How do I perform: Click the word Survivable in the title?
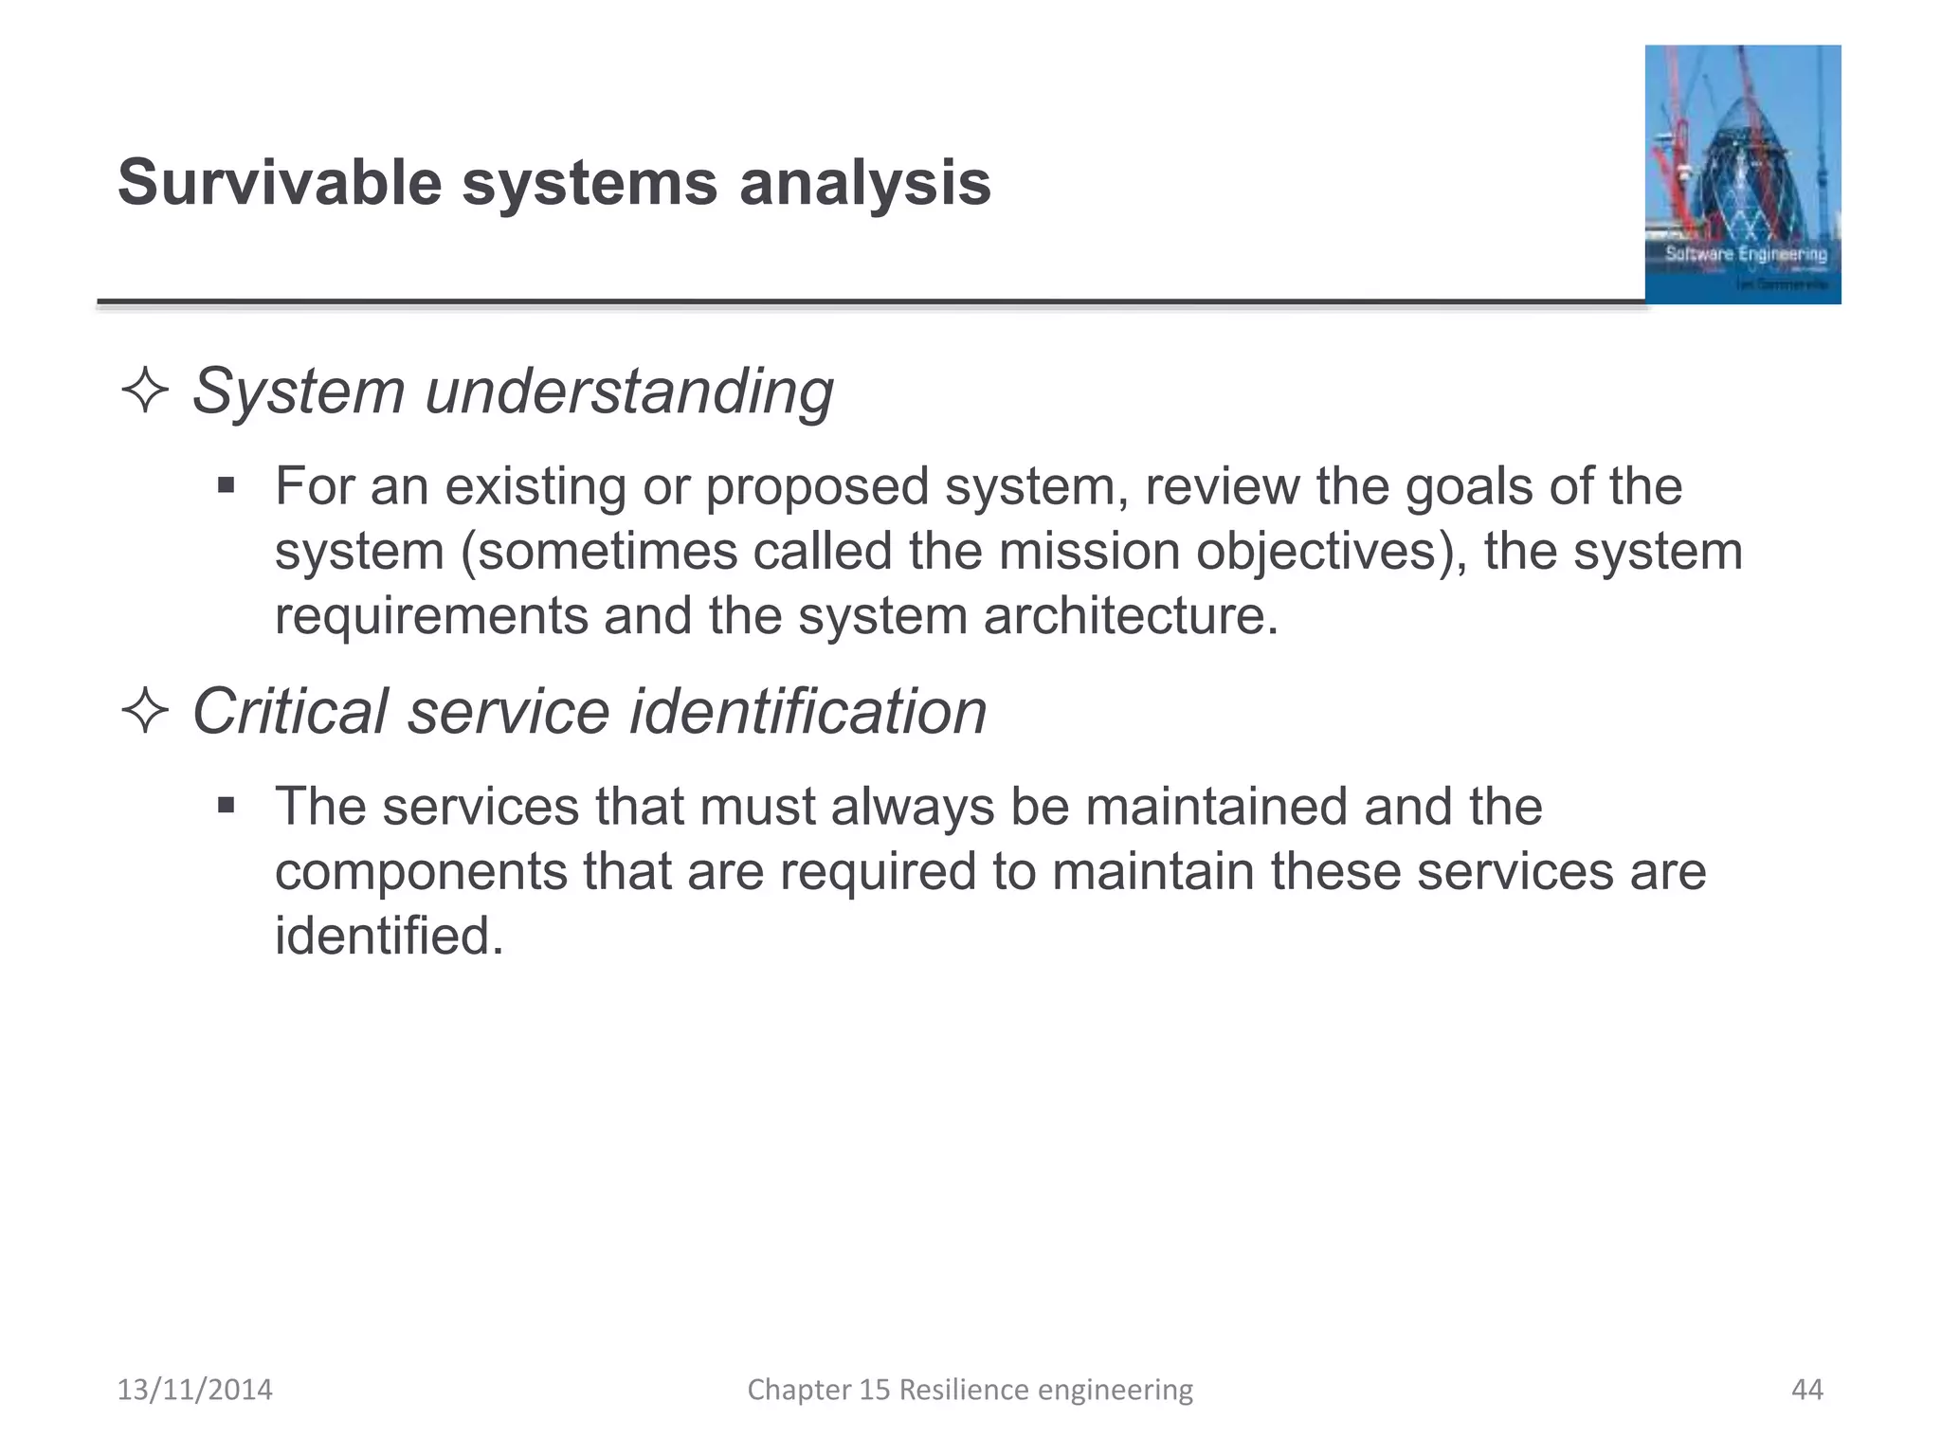[x=280, y=182]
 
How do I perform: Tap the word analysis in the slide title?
[x=864, y=182]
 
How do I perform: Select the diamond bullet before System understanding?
[x=145, y=391]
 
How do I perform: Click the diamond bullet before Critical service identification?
[x=145, y=711]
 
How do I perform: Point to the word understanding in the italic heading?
[x=629, y=391]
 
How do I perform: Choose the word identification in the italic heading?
[x=808, y=711]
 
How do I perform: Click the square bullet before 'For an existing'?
[x=226, y=486]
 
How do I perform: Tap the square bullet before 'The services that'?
[x=226, y=807]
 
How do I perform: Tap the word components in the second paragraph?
[x=420, y=871]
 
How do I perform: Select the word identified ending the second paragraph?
[x=389, y=936]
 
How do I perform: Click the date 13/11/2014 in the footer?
[x=194, y=1390]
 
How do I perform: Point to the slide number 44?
[x=1806, y=1390]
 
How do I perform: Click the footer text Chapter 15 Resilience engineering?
[x=970, y=1390]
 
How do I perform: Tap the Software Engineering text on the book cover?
[x=1746, y=254]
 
